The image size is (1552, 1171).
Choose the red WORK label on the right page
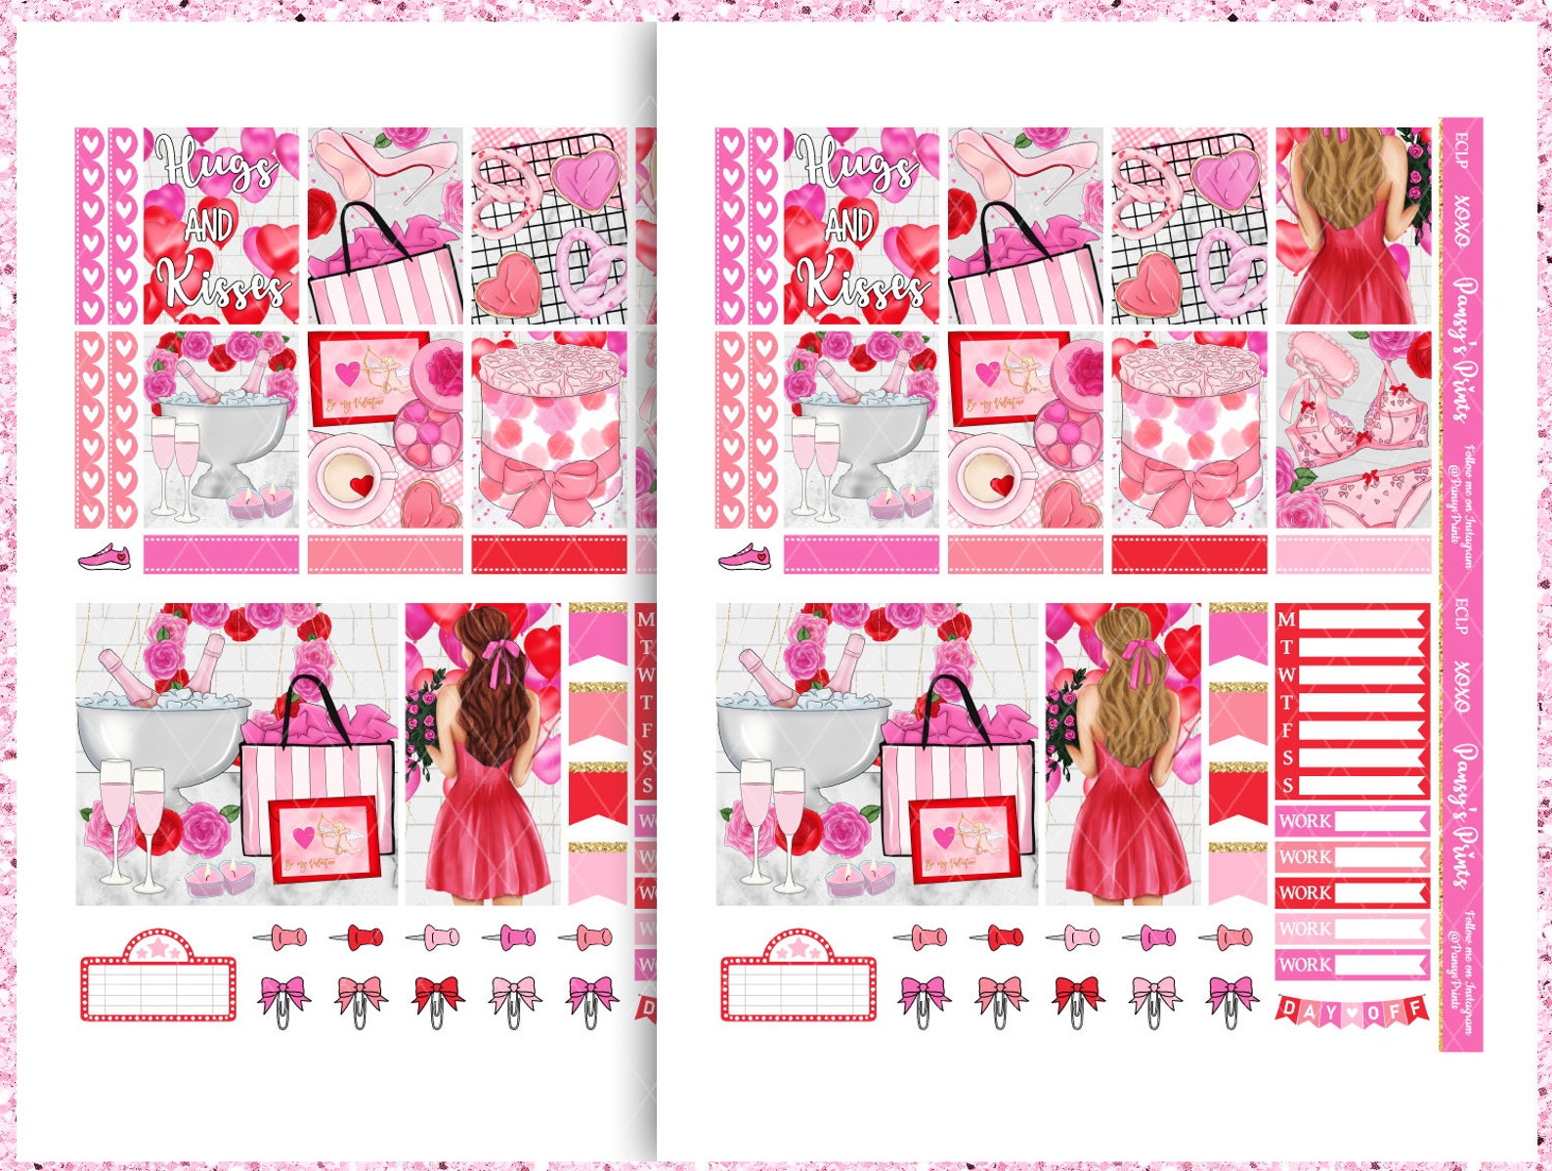1351,892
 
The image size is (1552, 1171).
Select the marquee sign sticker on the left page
158,978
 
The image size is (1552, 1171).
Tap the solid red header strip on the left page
549,554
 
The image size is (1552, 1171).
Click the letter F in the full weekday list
1287,730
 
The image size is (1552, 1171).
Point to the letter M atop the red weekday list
1287,620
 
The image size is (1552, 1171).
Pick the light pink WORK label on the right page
1351,929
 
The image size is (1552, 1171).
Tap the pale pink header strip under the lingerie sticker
1353,554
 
